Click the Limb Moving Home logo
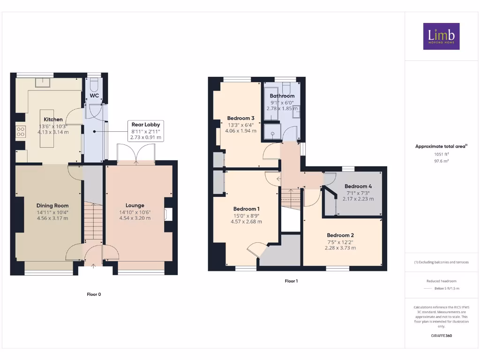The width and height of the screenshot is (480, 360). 441,36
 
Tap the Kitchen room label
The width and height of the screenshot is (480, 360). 53,120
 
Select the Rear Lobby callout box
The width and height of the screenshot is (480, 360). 145,131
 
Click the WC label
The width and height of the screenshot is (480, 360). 94,96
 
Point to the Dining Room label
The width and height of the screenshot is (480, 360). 52,205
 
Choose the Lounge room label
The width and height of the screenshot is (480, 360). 135,205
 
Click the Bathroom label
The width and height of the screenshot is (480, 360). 282,96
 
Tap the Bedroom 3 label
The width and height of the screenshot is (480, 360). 240,118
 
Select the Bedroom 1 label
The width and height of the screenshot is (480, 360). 247,209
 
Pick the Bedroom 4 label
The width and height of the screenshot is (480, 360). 358,186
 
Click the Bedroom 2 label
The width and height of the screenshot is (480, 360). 340,235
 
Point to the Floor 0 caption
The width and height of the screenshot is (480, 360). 94,294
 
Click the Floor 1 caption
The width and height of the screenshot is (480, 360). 291,281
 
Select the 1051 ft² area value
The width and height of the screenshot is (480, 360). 441,154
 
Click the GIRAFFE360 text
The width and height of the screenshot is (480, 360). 441,336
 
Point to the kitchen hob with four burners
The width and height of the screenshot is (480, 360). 21,132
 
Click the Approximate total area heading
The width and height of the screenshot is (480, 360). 441,146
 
